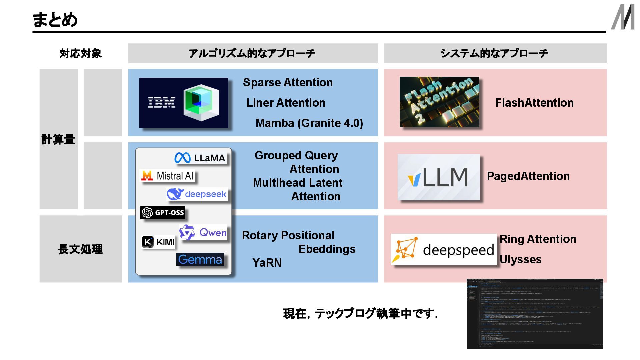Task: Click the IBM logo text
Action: click(x=161, y=103)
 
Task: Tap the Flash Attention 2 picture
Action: click(x=439, y=102)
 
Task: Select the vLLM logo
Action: click(x=439, y=177)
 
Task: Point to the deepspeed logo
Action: click(x=444, y=249)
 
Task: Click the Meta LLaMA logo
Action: click(x=200, y=158)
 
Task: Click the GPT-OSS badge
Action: click(x=163, y=213)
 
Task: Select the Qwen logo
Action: click(x=203, y=232)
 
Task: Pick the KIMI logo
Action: click(x=158, y=242)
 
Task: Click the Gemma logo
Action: click(x=200, y=259)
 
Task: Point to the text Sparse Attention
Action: click(x=288, y=82)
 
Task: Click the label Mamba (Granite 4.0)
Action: click(x=309, y=123)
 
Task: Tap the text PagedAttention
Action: click(x=528, y=176)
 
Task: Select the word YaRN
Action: click(x=267, y=263)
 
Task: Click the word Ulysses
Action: click(x=520, y=259)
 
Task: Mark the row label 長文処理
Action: click(x=80, y=249)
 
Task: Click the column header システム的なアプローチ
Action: click(x=495, y=53)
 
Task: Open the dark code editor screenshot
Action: click(x=535, y=314)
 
